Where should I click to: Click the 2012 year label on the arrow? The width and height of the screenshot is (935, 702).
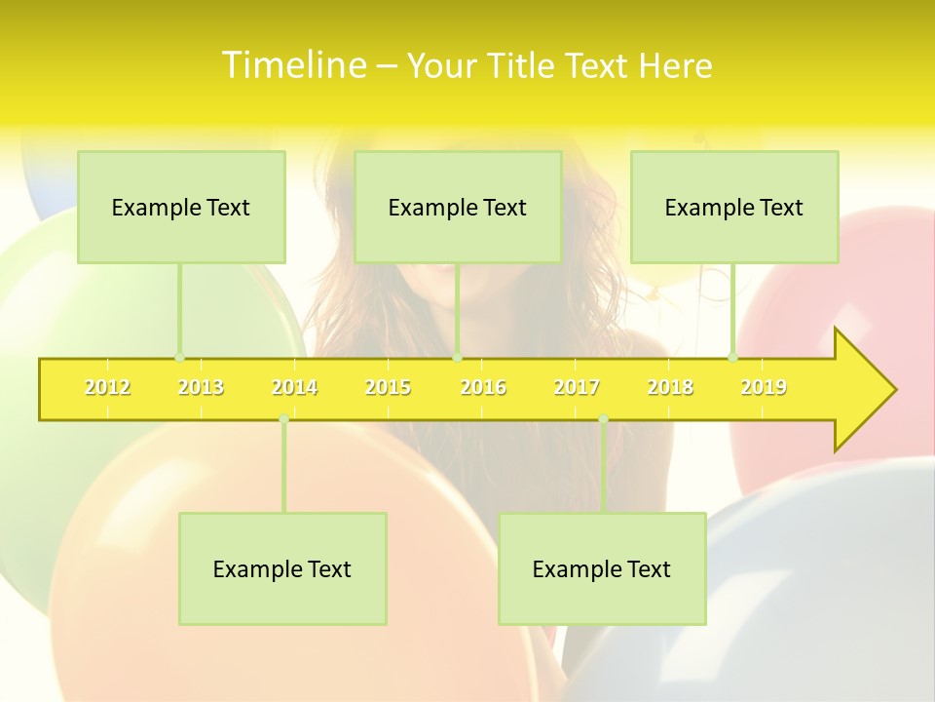107,387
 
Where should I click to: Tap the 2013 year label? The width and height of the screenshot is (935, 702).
201,387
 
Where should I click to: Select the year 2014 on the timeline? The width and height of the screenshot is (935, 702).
294,387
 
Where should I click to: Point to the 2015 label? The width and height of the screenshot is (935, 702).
388,387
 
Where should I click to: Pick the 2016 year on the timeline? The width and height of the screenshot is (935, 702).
483,387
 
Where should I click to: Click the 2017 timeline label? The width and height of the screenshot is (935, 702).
577,387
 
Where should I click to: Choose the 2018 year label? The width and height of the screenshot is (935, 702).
670,387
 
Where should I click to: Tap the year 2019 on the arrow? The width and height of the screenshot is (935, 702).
764,387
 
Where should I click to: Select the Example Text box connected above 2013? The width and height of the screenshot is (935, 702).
181,207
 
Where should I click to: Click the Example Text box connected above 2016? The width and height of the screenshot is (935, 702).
458,207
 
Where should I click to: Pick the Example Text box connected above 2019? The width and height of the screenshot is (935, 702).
734,207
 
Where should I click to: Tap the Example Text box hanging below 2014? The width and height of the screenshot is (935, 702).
282,568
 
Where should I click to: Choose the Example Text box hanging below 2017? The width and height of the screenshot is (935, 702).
602,568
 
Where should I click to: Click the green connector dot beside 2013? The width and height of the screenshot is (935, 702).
179,357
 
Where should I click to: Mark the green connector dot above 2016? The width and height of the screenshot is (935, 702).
458,357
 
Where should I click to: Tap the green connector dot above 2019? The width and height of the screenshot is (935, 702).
733,357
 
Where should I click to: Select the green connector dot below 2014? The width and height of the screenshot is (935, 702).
283,418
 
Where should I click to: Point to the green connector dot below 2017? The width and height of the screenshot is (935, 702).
603,418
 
